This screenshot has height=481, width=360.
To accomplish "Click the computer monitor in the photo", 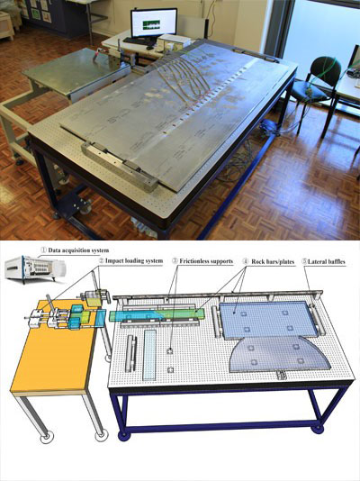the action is (154, 23).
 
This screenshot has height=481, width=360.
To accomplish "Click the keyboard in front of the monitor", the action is (136, 41).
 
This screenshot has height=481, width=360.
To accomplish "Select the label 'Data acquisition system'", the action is (78, 250).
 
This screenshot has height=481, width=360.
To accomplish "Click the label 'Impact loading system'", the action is (134, 261).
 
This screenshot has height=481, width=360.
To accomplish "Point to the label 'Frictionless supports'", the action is (206, 261).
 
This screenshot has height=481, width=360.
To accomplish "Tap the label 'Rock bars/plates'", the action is (273, 261).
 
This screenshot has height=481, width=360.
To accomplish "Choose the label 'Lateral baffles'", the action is (327, 261).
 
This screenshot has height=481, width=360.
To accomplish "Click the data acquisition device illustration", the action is (35, 268).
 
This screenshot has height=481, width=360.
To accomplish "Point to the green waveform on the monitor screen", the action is (152, 24).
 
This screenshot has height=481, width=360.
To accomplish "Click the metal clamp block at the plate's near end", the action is (120, 167).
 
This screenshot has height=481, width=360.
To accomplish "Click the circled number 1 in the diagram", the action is (43, 250).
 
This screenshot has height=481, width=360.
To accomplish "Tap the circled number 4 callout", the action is (246, 261).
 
